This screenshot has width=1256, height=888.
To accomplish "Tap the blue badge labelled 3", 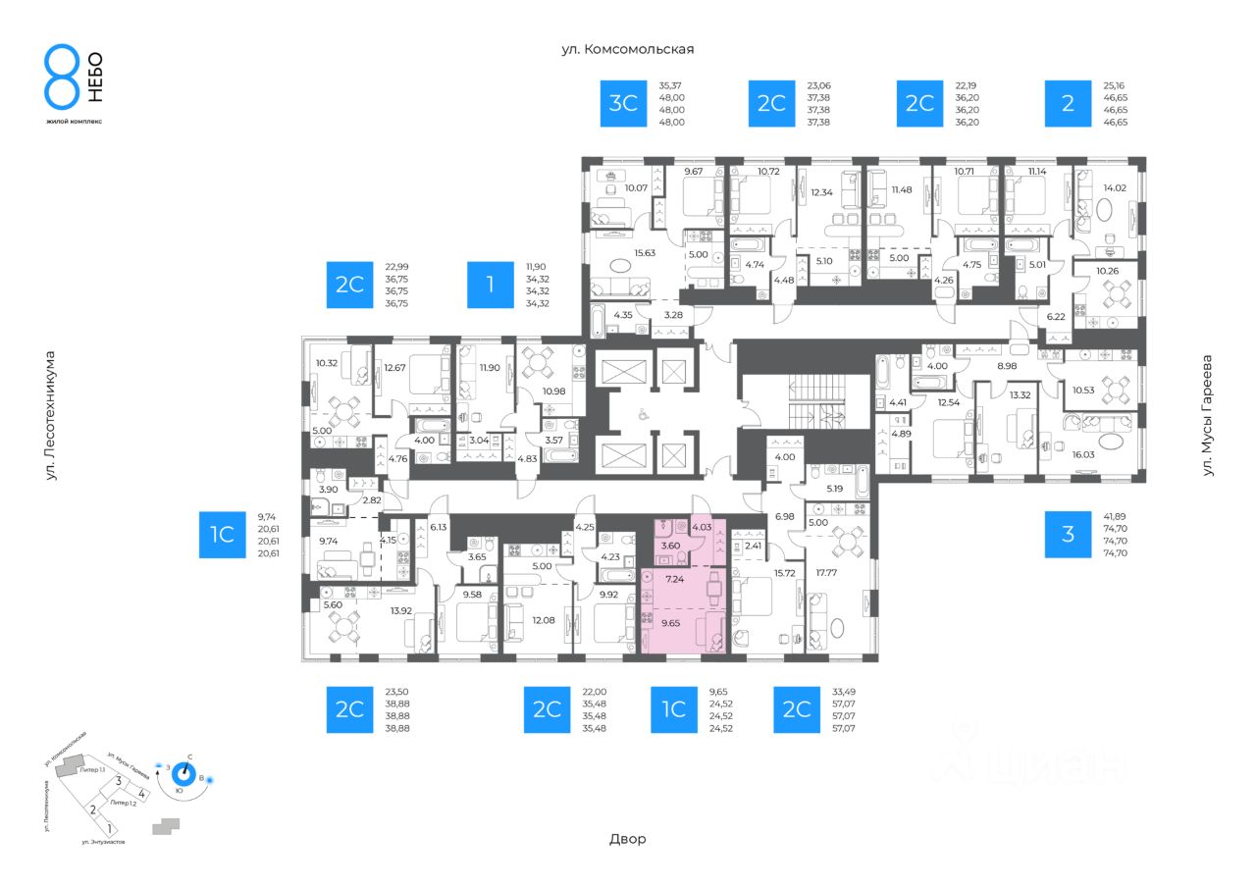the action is tap(1068, 534).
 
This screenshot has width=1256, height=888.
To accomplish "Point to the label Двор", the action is tap(628, 839).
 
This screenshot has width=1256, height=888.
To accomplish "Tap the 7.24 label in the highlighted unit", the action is tap(676, 579).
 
